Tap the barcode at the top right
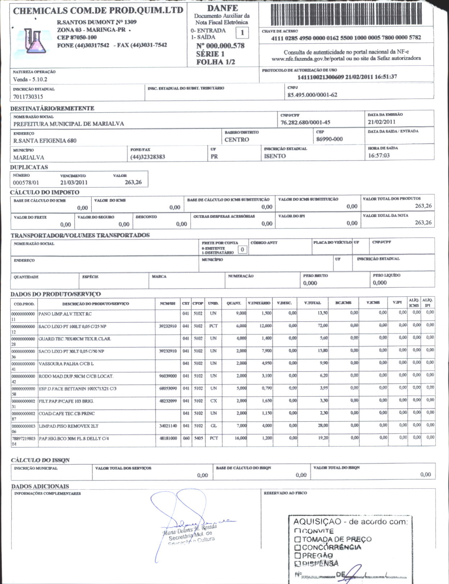click(x=345, y=14)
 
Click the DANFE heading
click(x=222, y=8)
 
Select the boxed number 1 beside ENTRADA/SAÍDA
click(x=242, y=33)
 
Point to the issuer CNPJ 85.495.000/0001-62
click(x=312, y=95)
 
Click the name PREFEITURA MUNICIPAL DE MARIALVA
click(x=69, y=124)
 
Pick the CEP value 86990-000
click(x=329, y=139)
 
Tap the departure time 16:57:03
click(x=379, y=155)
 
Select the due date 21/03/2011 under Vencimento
click(x=74, y=182)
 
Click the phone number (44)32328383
click(x=148, y=157)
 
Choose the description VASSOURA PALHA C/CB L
click(x=66, y=364)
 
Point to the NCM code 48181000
click(x=168, y=438)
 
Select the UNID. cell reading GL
click(x=213, y=426)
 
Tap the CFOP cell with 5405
click(x=198, y=438)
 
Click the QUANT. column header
click(x=233, y=303)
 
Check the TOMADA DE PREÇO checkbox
click(x=298, y=539)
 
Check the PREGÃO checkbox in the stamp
click(x=298, y=556)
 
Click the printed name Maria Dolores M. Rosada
click(x=190, y=529)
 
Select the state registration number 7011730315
click(x=28, y=97)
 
